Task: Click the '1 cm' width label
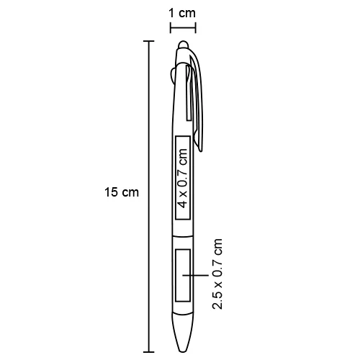click(x=182, y=13)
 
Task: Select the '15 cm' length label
click(x=121, y=192)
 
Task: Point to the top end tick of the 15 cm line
click(x=149, y=42)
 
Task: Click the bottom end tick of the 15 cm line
click(x=149, y=352)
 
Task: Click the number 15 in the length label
click(x=112, y=192)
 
